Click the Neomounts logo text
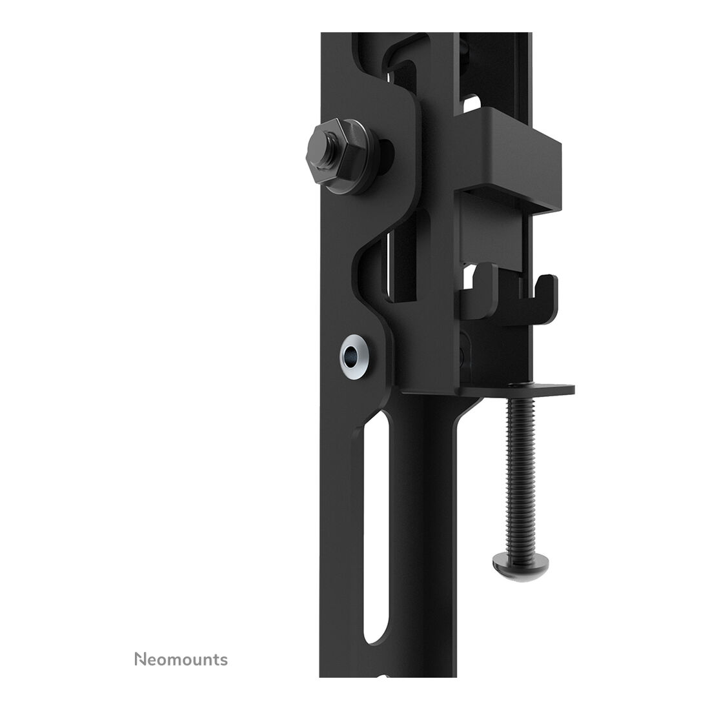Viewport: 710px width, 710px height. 181,660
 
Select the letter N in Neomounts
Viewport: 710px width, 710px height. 140,660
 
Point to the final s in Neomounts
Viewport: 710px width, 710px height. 223,662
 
